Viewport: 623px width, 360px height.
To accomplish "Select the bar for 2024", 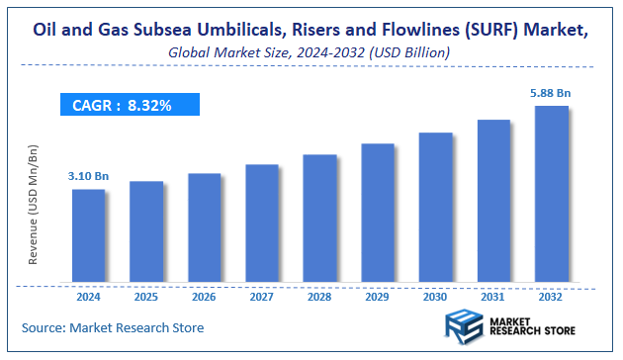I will coord(88,235).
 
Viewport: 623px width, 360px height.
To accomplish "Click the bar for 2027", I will coord(262,224).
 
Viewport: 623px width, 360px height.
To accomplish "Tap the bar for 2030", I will coord(436,207).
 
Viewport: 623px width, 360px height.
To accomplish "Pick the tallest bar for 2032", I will coord(552,194).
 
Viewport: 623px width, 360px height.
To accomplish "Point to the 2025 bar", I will coord(146,231).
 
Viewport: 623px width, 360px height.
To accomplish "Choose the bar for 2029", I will coord(378,213).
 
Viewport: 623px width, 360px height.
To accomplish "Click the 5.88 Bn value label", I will coord(550,93).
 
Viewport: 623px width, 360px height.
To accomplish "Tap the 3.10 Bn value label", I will coord(88,175).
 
